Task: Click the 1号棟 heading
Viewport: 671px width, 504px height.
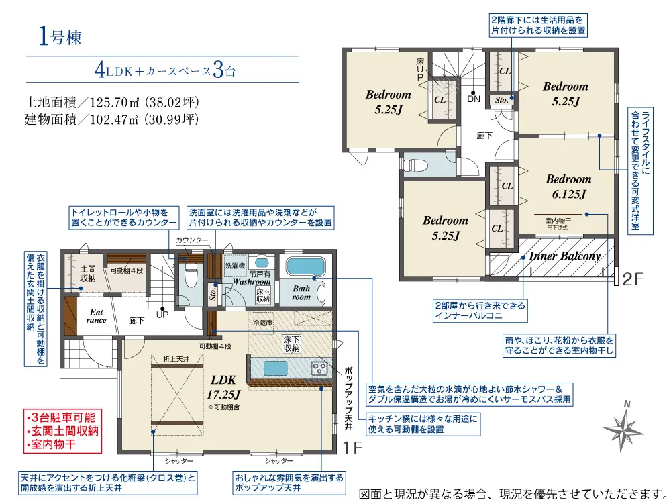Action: [x=60, y=37]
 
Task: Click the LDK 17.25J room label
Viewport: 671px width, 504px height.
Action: [x=223, y=387]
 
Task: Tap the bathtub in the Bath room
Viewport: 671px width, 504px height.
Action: [x=305, y=267]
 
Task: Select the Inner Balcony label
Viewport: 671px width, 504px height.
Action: [x=565, y=256]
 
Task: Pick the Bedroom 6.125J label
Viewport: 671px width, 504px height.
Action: [x=569, y=187]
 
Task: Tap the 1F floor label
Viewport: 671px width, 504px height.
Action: [x=353, y=448]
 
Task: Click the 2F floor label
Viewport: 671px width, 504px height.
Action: [x=633, y=279]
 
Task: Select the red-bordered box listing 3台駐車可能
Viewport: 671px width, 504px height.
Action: [x=62, y=431]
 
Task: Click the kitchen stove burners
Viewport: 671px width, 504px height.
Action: [x=320, y=368]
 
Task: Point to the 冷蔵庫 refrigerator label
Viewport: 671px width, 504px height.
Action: [x=262, y=323]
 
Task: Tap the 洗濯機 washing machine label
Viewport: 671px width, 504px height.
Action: [x=236, y=266]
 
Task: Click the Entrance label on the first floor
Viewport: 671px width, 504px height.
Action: [x=96, y=316]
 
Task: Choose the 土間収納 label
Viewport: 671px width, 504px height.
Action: [x=88, y=273]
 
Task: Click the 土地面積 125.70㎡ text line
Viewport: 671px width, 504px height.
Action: [x=111, y=102]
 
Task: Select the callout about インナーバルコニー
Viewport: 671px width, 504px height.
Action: [x=480, y=311]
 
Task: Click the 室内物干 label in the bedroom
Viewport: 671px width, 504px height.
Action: [x=558, y=221]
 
